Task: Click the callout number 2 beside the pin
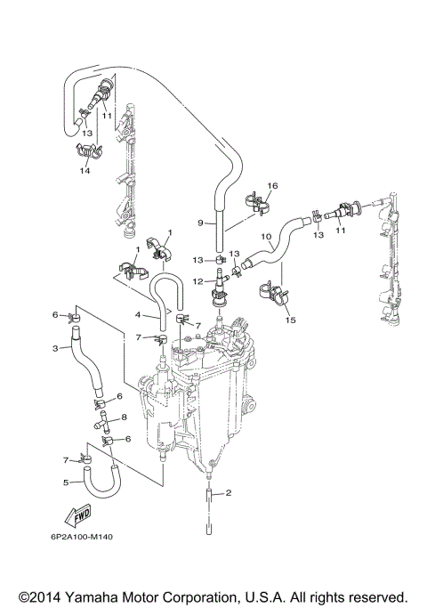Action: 229,492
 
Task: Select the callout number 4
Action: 138,314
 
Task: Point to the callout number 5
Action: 66,482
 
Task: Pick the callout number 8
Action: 124,417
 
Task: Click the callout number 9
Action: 200,223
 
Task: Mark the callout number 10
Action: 266,237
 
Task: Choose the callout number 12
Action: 201,281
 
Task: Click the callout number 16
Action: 272,185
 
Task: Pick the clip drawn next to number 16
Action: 257,203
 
